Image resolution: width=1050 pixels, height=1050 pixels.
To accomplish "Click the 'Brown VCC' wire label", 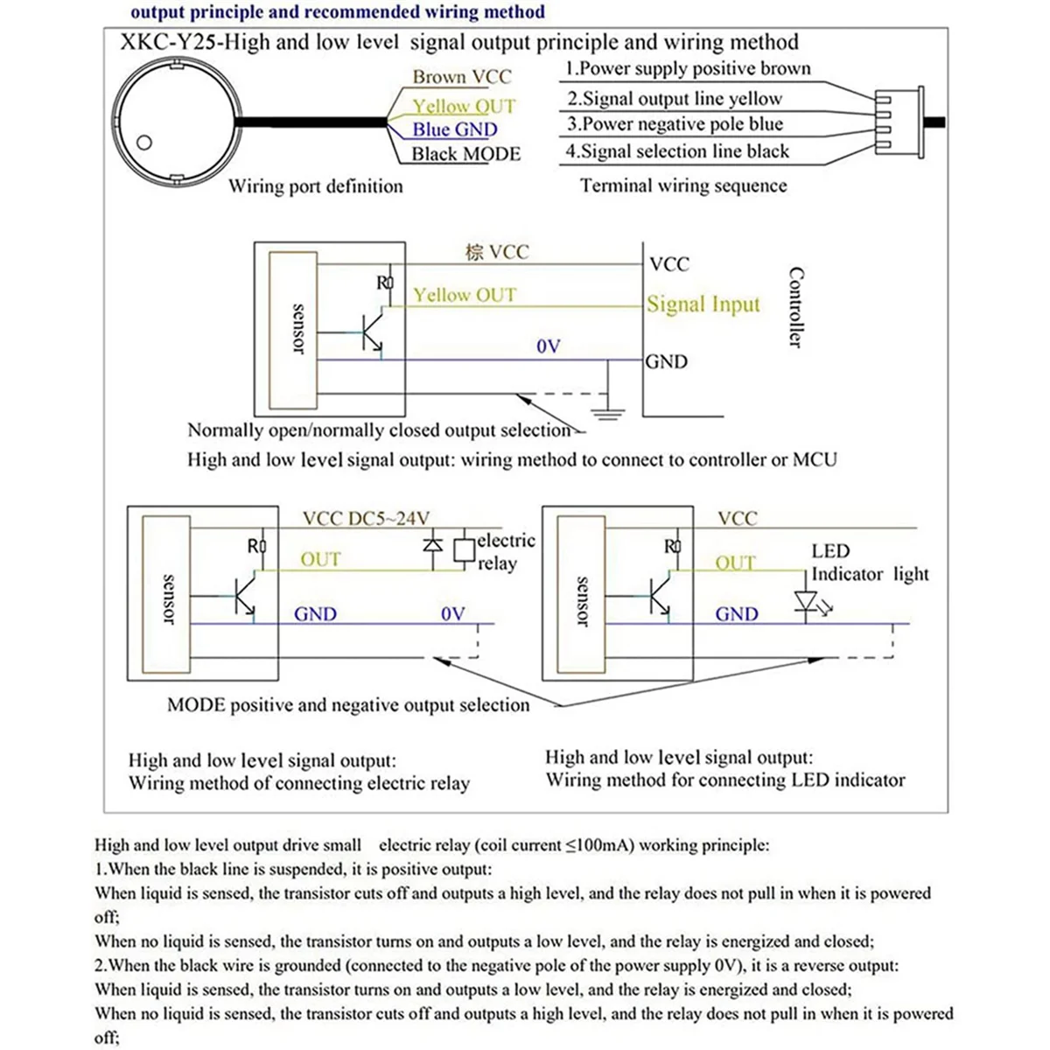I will [x=461, y=77].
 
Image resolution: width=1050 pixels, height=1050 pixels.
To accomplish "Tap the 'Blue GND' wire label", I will [x=454, y=129].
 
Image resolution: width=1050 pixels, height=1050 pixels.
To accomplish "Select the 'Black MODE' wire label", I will [x=465, y=154].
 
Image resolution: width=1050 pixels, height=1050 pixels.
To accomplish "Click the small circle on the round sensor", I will [x=145, y=143].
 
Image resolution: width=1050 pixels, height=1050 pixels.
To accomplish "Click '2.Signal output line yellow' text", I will [x=674, y=99].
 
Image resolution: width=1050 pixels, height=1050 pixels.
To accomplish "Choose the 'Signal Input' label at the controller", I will [x=703, y=304].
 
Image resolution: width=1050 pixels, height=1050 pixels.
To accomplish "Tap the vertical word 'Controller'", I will [x=795, y=307].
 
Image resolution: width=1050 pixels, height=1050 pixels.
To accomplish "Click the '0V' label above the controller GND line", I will [x=549, y=346].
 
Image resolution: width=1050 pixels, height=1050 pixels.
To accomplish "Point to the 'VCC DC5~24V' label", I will [x=366, y=518].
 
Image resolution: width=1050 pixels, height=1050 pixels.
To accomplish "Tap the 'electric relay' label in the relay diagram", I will [x=505, y=552].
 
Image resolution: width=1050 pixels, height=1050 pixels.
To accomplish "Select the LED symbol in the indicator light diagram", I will [x=806, y=602].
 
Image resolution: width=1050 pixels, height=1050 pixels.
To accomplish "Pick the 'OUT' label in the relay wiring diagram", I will [x=320, y=559].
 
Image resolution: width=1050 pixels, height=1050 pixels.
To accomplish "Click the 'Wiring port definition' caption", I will [x=316, y=186].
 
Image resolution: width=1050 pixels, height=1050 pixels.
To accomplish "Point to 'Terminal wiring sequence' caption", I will [x=683, y=185].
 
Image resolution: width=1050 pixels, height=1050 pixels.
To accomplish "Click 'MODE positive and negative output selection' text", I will [x=348, y=705].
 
